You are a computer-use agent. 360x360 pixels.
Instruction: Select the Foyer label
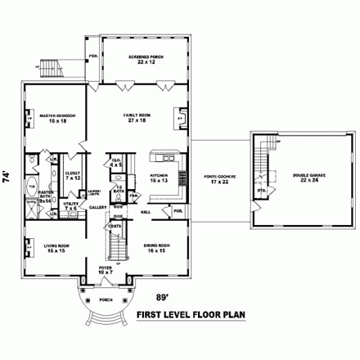106,271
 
